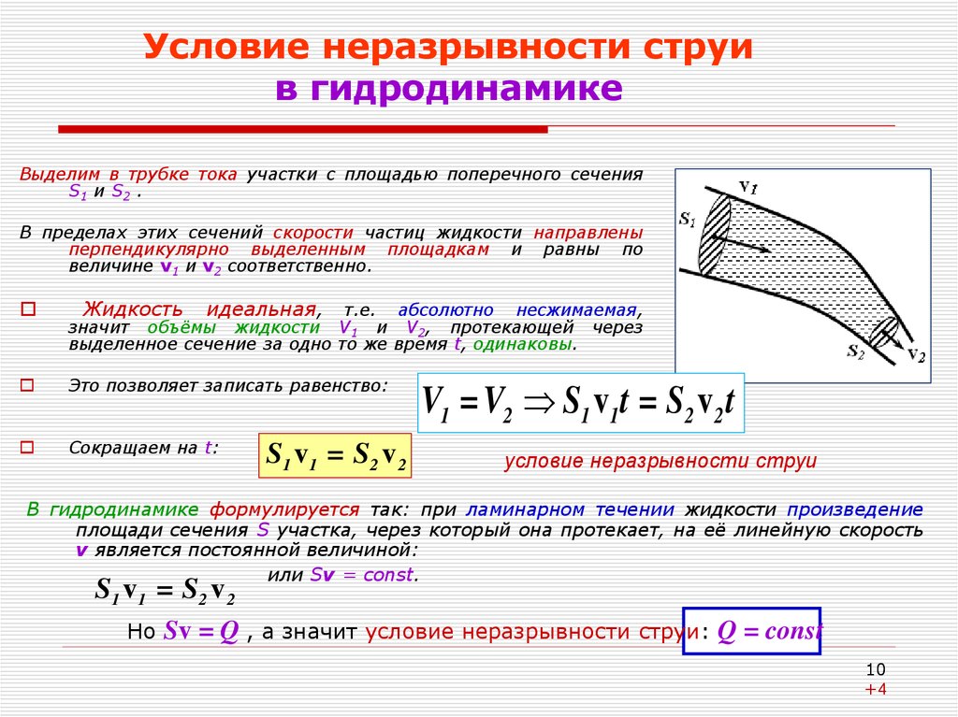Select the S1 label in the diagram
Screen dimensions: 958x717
pyautogui.click(x=687, y=220)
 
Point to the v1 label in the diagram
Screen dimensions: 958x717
pyautogui.click(x=748, y=186)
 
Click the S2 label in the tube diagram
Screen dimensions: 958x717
pyautogui.click(x=855, y=351)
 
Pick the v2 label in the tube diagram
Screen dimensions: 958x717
pyautogui.click(x=917, y=355)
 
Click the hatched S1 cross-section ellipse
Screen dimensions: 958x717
pyautogui.click(x=715, y=236)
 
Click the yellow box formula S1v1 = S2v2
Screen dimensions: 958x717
pyautogui.click(x=336, y=455)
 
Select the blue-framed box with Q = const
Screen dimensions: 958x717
pyautogui.click(x=751, y=631)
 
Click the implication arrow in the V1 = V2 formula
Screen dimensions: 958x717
pyautogui.click(x=540, y=403)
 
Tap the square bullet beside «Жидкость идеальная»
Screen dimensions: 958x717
pyautogui.click(x=28, y=309)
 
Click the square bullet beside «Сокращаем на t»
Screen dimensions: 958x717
pyautogui.click(x=27, y=448)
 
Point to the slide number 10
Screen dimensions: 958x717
pyautogui.click(x=876, y=669)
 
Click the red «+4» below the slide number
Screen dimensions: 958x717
pyautogui.click(x=876, y=690)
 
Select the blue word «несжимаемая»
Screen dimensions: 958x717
pyautogui.click(x=576, y=310)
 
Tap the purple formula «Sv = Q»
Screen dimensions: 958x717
pyautogui.click(x=201, y=632)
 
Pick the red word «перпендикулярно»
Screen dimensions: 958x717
pyautogui.click(x=149, y=251)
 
